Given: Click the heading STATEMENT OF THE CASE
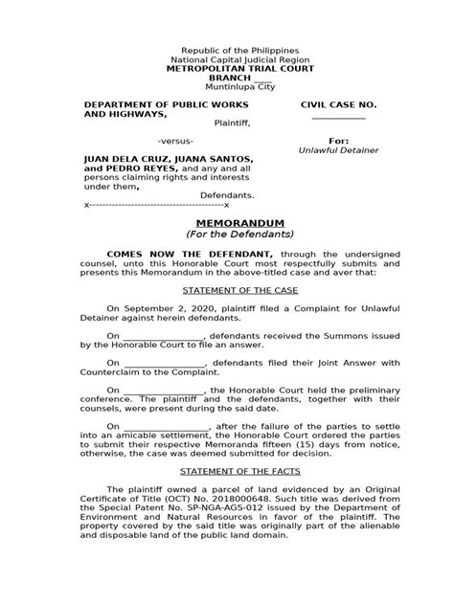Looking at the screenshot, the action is pos(226,286).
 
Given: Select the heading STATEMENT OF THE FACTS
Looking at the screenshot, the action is pos(226,472).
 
